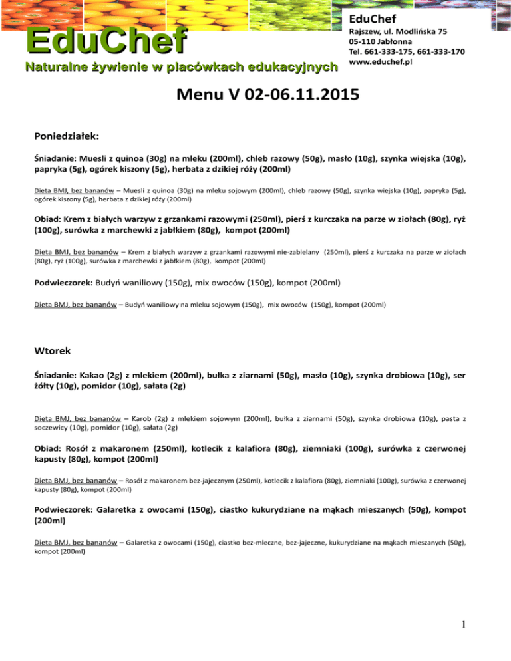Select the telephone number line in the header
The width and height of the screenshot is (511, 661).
(x=407, y=52)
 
